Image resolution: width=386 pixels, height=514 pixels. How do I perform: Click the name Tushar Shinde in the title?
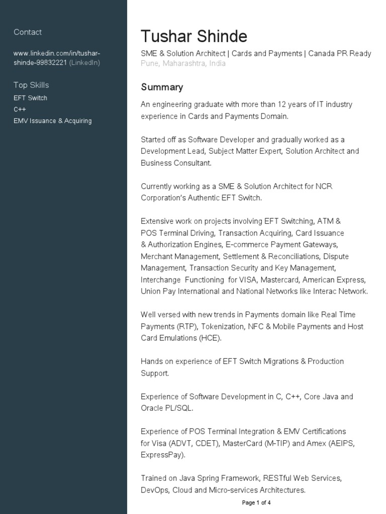(194, 37)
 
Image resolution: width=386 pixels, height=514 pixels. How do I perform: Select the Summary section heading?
(162, 87)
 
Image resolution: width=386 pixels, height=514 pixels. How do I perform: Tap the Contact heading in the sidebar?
(28, 32)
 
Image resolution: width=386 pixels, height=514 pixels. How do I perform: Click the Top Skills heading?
(31, 85)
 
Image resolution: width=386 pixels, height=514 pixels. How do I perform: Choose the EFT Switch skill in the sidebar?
(30, 98)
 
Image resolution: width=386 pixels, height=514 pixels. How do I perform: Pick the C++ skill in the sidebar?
(20, 109)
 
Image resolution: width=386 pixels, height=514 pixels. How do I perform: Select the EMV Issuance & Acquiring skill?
(53, 121)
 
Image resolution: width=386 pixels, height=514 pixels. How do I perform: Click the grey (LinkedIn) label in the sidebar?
(84, 63)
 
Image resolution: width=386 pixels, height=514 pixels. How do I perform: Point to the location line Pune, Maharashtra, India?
(183, 64)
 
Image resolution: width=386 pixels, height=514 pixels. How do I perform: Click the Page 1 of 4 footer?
(257, 502)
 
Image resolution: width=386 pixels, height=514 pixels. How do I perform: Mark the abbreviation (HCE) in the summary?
(211, 338)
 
